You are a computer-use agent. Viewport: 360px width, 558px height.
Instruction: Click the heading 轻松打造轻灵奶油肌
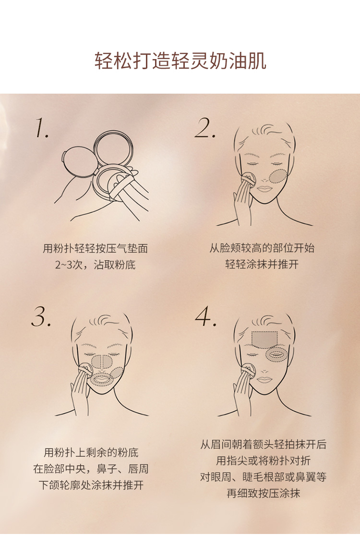180,61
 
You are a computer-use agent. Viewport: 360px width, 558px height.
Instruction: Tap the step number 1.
42,128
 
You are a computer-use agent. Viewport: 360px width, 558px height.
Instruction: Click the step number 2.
205,128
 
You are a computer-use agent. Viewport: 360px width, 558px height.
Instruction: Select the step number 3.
41,316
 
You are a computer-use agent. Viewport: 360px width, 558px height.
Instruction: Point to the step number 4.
206,316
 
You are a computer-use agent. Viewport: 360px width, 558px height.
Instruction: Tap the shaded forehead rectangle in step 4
264,339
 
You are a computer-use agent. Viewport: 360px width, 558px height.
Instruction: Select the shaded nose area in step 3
102,361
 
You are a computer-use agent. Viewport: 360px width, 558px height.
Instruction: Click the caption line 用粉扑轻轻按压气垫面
96,248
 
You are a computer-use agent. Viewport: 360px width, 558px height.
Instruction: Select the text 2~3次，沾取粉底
96,265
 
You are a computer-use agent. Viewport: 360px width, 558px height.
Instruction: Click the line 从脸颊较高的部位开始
262,248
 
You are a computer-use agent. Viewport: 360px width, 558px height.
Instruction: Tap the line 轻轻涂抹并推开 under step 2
262,265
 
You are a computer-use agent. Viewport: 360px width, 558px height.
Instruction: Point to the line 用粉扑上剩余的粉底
91,452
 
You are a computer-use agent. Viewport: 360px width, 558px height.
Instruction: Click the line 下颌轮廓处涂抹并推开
91,485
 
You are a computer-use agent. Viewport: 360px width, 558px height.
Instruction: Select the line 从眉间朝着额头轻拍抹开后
263,444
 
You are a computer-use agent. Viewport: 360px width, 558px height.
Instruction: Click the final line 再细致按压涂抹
263,493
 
